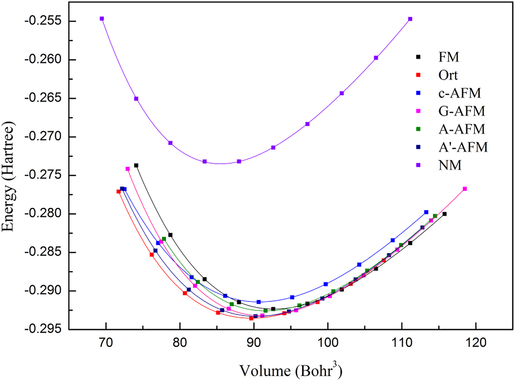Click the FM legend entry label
coord(449,57)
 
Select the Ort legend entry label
coord(448,75)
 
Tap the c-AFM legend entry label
coord(460,93)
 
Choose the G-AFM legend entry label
coord(462,111)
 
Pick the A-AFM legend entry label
coord(462,129)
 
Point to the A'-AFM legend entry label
coord(463,147)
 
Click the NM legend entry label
coord(450,165)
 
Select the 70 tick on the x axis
coord(106,342)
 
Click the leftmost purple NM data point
coord(102,18)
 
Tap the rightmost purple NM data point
coord(410,19)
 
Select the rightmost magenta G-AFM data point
coord(465,189)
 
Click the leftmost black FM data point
coord(136,165)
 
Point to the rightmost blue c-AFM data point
coord(426,212)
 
